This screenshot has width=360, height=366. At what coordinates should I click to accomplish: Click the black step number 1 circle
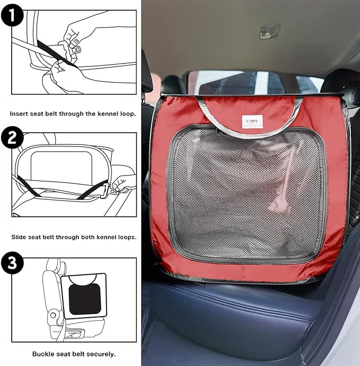12,15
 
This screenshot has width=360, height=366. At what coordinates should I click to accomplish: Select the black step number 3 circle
12,263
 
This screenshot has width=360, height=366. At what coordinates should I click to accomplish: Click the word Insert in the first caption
18,114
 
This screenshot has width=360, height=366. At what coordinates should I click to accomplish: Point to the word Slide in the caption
19,237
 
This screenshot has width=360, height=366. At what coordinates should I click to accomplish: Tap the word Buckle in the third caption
41,354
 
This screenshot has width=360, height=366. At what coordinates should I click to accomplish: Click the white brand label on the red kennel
252,121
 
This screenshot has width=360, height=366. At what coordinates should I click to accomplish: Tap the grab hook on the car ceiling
269,31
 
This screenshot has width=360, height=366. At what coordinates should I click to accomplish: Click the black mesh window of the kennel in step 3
85,299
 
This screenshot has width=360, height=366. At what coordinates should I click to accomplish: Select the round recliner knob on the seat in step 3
53,315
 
